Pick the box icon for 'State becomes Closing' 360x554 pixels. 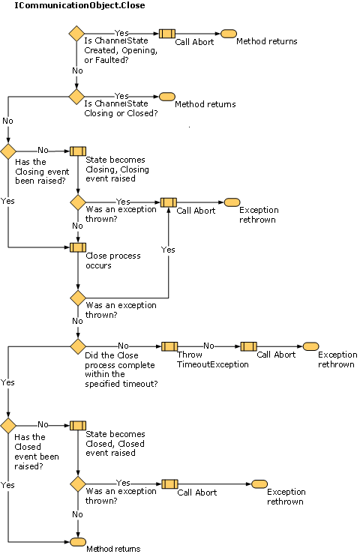[77, 151]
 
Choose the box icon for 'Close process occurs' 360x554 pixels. [77, 247]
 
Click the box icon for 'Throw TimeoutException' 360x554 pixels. [169, 346]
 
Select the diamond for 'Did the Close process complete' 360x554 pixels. [77, 346]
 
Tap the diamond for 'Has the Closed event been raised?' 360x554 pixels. [8, 425]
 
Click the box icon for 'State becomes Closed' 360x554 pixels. [77, 425]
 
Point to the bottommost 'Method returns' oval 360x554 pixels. [77, 541]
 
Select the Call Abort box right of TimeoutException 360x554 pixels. [248, 346]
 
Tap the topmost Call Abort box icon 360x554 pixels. [166, 34]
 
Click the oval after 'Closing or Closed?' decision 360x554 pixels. [166, 97]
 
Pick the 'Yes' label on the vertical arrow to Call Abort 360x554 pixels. [168, 250]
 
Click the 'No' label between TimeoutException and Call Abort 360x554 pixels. [209, 346]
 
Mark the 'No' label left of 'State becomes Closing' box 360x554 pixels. [43, 151]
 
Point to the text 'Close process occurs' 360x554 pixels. [109, 260]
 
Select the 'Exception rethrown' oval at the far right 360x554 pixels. [310, 346]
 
